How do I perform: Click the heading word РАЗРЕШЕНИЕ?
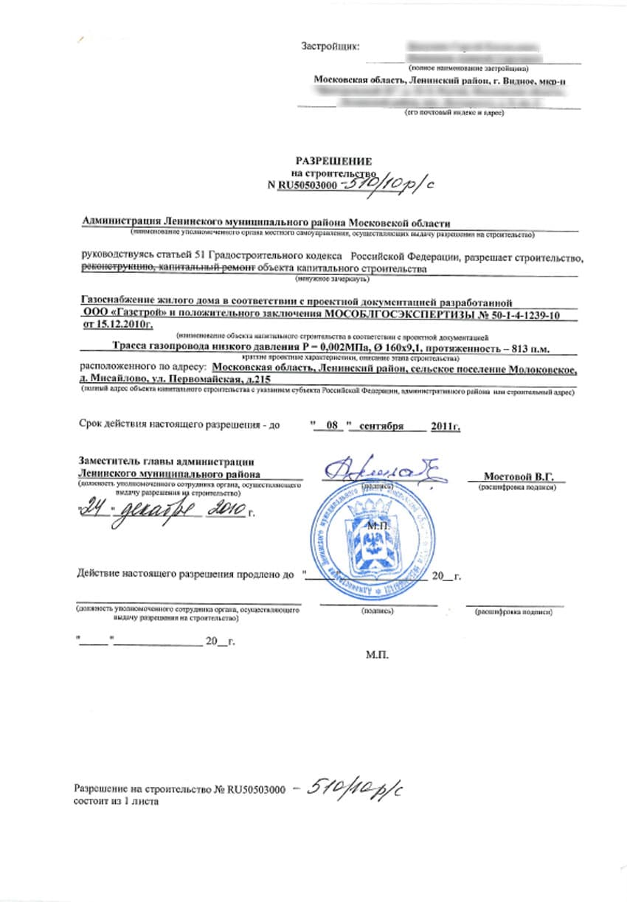[x=333, y=161]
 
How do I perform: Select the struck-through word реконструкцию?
[x=115, y=269]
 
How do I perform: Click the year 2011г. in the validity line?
[x=447, y=426]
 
